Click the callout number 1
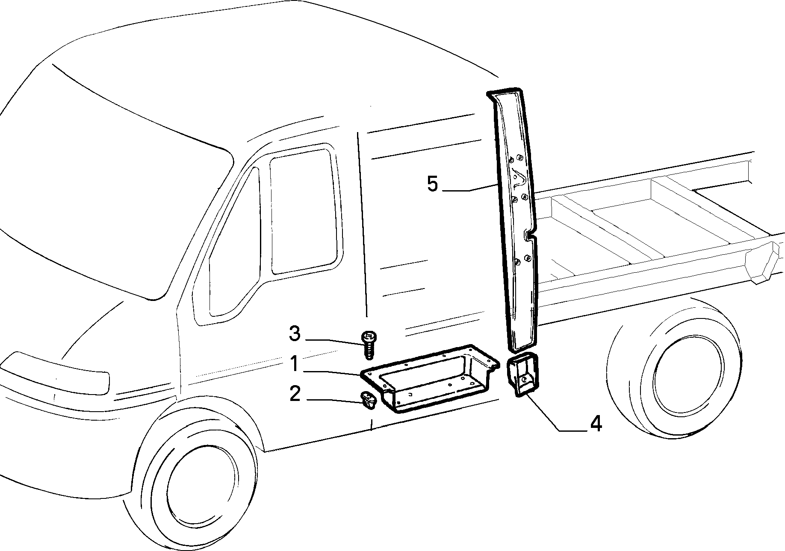point(294,364)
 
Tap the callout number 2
point(295,394)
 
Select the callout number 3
point(295,334)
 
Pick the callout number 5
point(433,184)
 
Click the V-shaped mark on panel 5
point(519,177)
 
